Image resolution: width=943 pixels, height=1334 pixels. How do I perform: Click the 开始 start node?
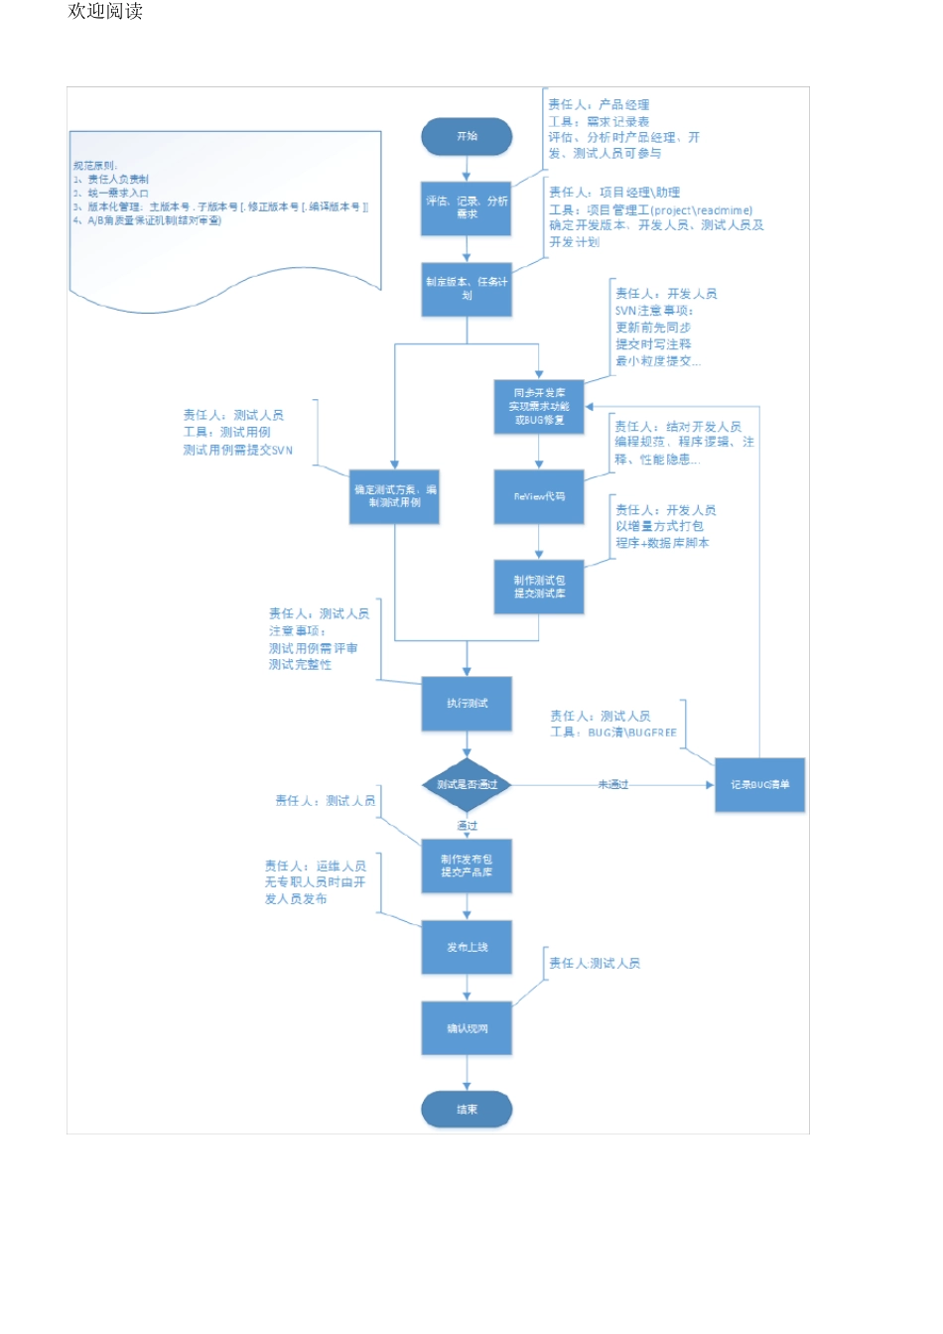pos(467,137)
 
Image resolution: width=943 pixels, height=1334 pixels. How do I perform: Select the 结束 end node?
pos(467,1110)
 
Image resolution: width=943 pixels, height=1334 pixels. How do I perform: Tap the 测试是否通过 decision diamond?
pos(467,784)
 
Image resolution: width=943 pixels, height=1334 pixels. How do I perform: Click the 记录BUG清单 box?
pos(759,784)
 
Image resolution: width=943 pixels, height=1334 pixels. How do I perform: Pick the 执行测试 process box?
pos(467,704)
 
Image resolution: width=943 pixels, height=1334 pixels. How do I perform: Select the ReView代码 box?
pos(539,496)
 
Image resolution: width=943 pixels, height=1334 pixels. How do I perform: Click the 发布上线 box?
pos(467,948)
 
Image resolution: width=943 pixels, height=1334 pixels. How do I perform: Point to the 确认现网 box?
pos(467,1028)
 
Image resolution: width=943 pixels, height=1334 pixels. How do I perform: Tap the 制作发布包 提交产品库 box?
pos(467,866)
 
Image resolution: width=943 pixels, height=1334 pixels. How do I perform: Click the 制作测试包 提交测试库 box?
pos(539,587)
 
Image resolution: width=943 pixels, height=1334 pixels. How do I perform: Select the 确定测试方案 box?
pos(394,496)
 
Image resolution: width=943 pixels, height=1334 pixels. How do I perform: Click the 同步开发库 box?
pos(539,407)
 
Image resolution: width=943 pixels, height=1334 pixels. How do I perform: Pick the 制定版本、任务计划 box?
pos(467,289)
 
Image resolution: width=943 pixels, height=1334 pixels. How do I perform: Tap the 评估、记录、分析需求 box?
pos(467,207)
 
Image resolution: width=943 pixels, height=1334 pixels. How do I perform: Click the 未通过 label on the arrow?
pos(612,785)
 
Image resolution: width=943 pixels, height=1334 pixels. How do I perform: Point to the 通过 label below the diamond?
pos(467,826)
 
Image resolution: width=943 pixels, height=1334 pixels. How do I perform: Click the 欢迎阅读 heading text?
pos(105,12)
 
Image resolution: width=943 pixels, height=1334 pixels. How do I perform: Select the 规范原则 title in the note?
pos(94,166)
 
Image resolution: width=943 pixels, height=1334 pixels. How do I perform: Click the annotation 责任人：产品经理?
pos(599,105)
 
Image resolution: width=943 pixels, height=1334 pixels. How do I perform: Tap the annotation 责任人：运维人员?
pos(315,867)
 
